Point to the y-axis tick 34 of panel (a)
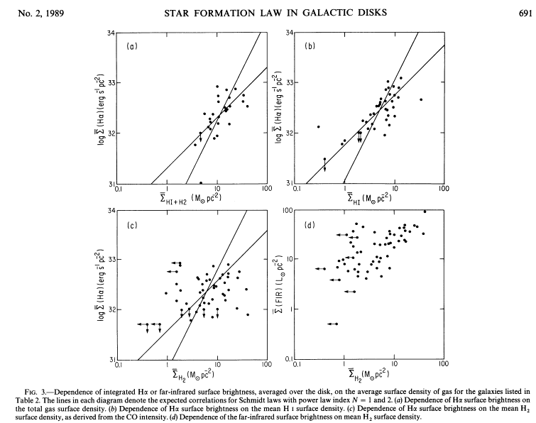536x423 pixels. coord(111,33)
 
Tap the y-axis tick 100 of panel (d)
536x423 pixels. coord(288,211)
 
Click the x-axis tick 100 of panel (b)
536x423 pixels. coord(444,189)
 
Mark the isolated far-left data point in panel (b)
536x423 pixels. coord(318,126)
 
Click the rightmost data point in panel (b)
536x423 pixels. coord(421,99)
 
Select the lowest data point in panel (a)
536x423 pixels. coord(201,182)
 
